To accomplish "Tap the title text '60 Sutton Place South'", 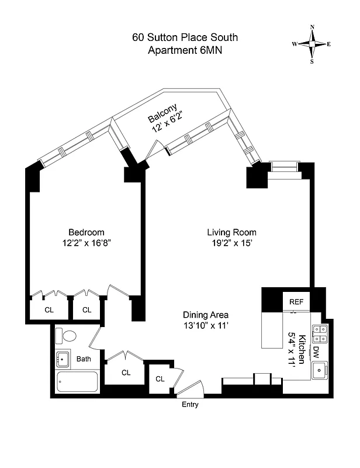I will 185,38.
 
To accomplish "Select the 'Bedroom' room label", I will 86,231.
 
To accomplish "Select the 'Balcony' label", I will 162,115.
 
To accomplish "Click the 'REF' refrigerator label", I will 297,302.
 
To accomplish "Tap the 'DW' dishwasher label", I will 316,352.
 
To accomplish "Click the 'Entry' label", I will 191,404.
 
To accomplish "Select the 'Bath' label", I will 84,359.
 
